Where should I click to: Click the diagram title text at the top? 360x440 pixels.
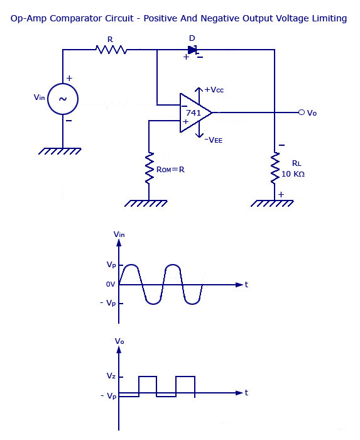pos(179,18)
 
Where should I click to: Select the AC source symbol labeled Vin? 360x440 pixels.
pos(63,99)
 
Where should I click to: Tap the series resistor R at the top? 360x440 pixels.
pos(111,49)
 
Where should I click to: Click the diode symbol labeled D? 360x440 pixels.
pos(194,50)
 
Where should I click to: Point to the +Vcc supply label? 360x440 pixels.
pos(214,90)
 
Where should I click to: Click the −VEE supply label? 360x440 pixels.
pos(214,140)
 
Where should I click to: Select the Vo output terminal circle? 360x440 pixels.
pos(302,113)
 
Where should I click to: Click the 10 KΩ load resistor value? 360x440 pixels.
pos(293,173)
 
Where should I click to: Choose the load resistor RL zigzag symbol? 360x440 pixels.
pos(275,168)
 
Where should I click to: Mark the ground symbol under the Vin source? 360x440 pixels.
pos(63,151)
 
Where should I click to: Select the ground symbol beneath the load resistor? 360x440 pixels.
pos(275,204)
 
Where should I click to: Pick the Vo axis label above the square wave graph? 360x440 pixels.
pos(120,341)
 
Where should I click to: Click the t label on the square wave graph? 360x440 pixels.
pos(246,392)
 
